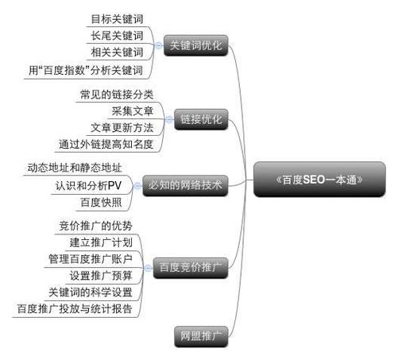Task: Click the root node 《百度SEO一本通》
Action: click(319, 180)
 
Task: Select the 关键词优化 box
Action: click(196, 45)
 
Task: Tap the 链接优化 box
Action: click(201, 119)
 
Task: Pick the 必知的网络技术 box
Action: click(185, 185)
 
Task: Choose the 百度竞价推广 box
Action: click(191, 268)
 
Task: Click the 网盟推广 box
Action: click(201, 336)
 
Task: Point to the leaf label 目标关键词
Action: click(117, 19)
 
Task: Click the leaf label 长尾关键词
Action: click(117, 36)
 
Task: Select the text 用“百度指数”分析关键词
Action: click(86, 71)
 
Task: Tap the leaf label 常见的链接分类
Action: click(117, 95)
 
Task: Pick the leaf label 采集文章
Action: click(133, 111)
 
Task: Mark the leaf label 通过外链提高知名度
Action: click(106, 145)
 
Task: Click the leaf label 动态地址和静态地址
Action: click(75, 168)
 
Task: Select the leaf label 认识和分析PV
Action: click(88, 186)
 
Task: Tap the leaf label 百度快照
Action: click(101, 203)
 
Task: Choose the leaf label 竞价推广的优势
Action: click(96, 226)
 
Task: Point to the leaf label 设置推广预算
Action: click(101, 276)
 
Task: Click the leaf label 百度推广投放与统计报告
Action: click(75, 309)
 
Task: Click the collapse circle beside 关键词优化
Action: click(159, 45)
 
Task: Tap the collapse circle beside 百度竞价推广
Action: click(148, 268)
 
